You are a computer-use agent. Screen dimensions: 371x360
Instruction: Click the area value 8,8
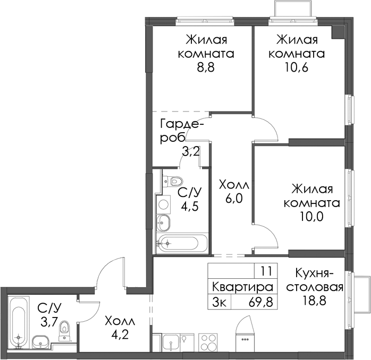pos(206,67)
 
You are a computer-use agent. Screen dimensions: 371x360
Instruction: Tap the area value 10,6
pos(296,67)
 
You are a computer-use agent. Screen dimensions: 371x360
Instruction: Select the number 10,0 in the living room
pos(311,217)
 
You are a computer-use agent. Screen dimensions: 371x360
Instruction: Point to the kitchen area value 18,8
pos(315,301)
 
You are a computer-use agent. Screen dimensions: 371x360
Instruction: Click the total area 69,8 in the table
pos(261,302)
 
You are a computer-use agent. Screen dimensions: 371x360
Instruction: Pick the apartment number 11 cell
pos(266,271)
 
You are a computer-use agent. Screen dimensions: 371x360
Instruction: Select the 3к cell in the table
pos(220,302)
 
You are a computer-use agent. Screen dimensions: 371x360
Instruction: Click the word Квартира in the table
pos(242,287)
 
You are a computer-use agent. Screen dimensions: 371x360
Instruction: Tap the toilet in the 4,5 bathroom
pos(173,181)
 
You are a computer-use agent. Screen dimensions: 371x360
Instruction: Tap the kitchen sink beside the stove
pos(171,342)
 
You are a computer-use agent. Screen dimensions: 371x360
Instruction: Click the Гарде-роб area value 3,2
pos(191,151)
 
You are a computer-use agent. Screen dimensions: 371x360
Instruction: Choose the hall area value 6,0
pos(234,199)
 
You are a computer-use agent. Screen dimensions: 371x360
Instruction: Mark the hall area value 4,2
pos(120,335)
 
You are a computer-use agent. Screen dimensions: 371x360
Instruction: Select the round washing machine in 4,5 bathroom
pos(164,204)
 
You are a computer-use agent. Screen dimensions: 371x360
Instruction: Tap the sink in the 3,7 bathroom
pos(40,342)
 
